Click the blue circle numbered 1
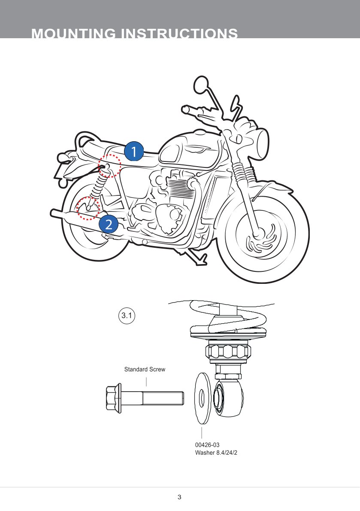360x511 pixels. [x=133, y=152]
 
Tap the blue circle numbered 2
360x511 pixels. [x=109, y=224]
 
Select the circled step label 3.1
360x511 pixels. [x=127, y=316]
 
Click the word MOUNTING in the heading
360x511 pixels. [x=73, y=34]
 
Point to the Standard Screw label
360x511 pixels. [x=145, y=369]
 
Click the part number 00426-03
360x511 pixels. [x=207, y=445]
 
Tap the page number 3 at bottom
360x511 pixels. [x=179, y=497]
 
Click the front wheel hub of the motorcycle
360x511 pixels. [x=257, y=234]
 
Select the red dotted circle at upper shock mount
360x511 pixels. [x=109, y=166]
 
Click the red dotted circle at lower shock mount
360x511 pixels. [x=88, y=208]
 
